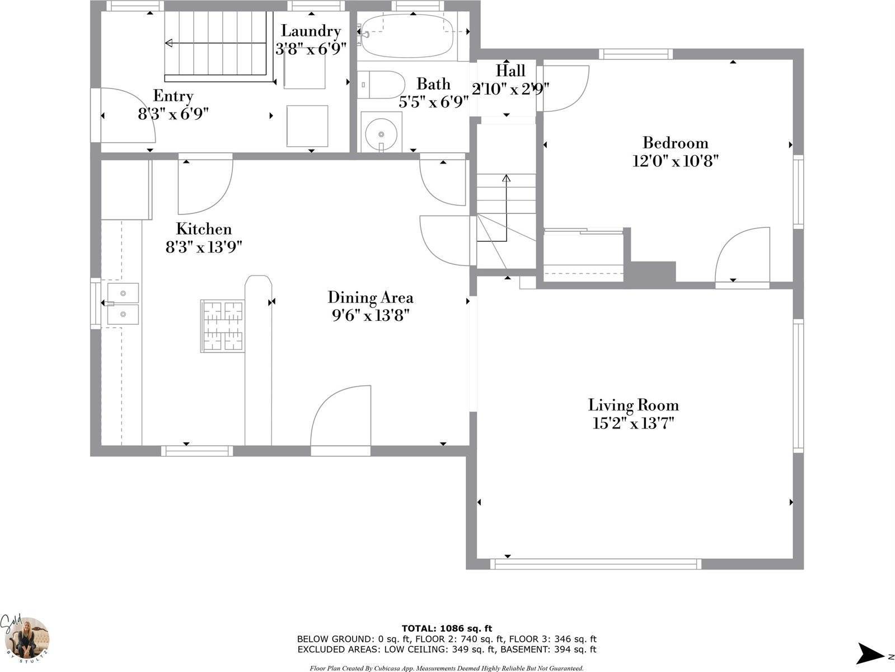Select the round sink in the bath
381,132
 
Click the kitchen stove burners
223,326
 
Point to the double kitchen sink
123,304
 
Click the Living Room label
633,405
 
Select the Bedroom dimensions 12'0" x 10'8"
675,161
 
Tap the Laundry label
311,31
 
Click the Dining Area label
370,297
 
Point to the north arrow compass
870,652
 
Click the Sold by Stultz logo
25,638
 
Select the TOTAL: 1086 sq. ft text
447,628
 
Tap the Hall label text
510,71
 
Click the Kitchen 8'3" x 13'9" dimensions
203,247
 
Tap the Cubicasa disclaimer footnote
447,668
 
